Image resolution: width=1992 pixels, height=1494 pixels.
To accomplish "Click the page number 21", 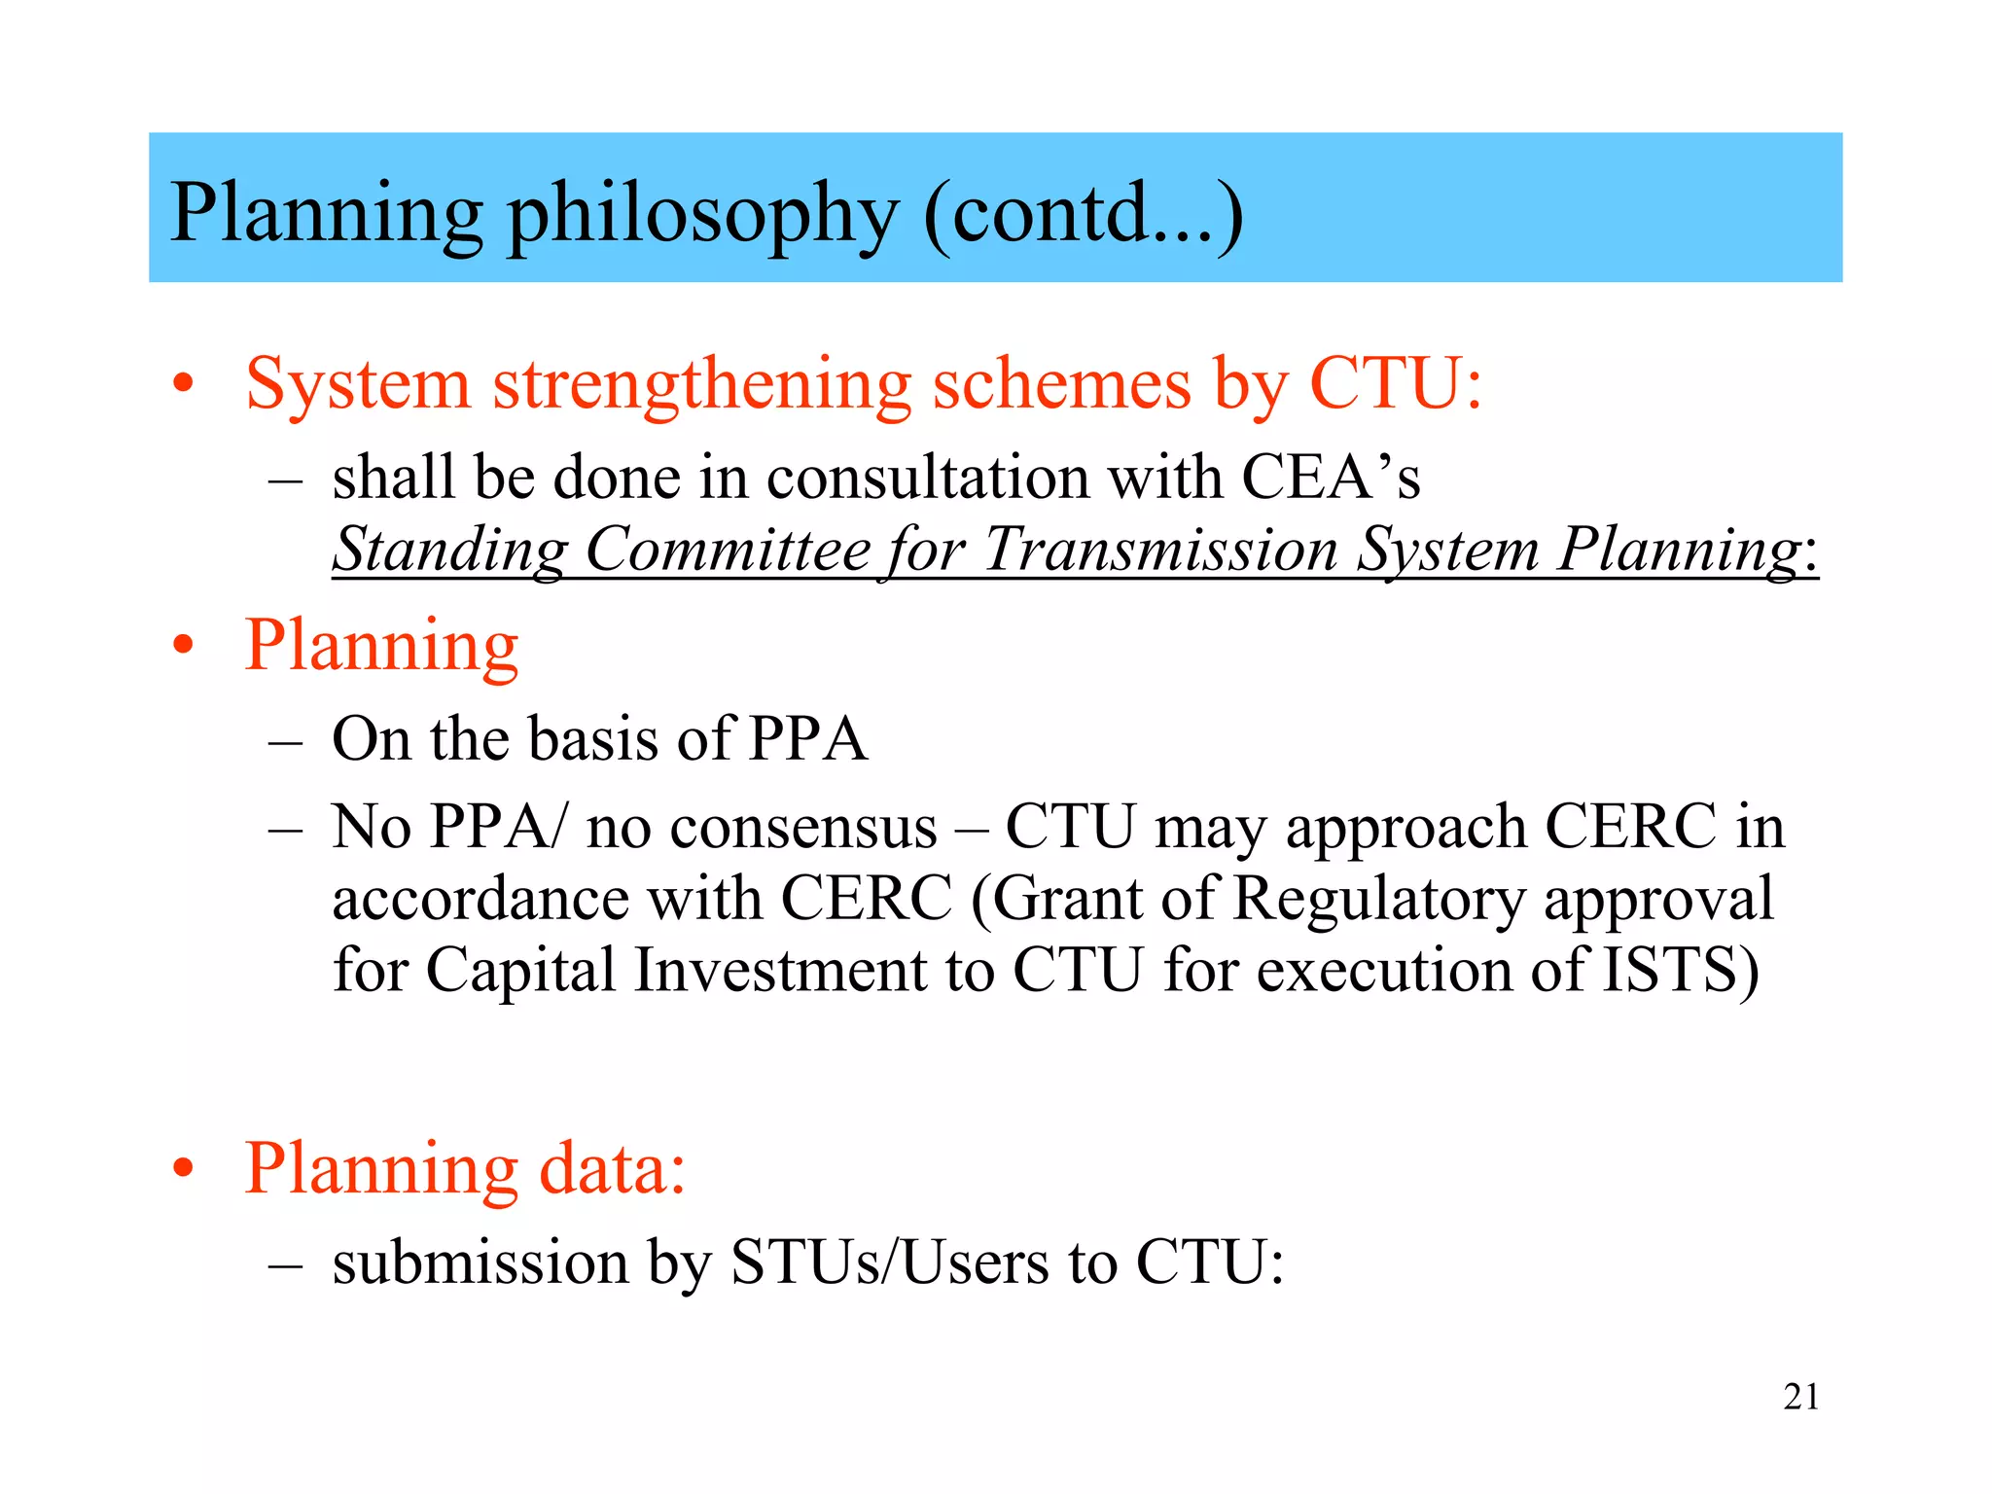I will pos(1800,1397).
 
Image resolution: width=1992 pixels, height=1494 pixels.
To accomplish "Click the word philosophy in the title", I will pos(702,216).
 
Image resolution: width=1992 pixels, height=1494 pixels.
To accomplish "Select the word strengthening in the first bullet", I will pos(701,386).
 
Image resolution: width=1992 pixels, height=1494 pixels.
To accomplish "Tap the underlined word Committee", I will pos(728,551).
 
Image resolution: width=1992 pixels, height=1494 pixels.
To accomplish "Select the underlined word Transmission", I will pos(1160,551).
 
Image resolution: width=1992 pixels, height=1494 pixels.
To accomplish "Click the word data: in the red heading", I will pos(613,1167).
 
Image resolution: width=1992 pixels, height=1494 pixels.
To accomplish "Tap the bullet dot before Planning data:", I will pos(183,1169).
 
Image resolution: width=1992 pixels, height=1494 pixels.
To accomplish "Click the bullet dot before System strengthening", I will pos(183,385).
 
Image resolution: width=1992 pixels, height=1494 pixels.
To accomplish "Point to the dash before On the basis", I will pos(285,741).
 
